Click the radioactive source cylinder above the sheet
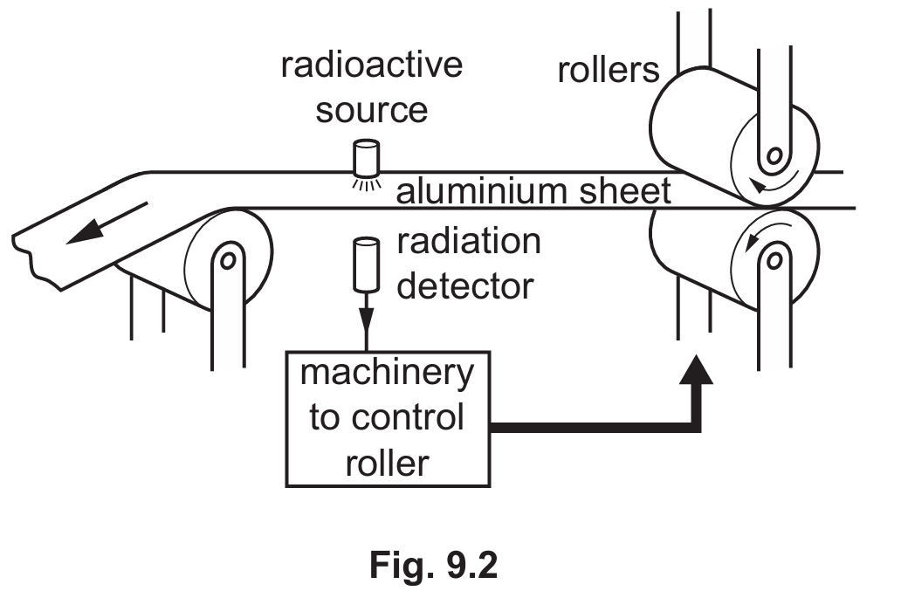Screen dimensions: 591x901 [x=365, y=157]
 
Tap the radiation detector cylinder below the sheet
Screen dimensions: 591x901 [x=365, y=265]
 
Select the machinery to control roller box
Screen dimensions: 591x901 [x=388, y=418]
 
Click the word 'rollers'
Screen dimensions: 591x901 [x=609, y=71]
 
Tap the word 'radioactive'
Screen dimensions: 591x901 [x=371, y=66]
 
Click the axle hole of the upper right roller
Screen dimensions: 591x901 [x=772, y=159]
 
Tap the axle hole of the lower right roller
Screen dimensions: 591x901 [x=772, y=258]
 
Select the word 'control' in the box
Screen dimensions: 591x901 [x=409, y=418]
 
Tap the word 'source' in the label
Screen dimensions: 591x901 [x=371, y=111]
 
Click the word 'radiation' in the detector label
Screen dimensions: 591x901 [x=469, y=242]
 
